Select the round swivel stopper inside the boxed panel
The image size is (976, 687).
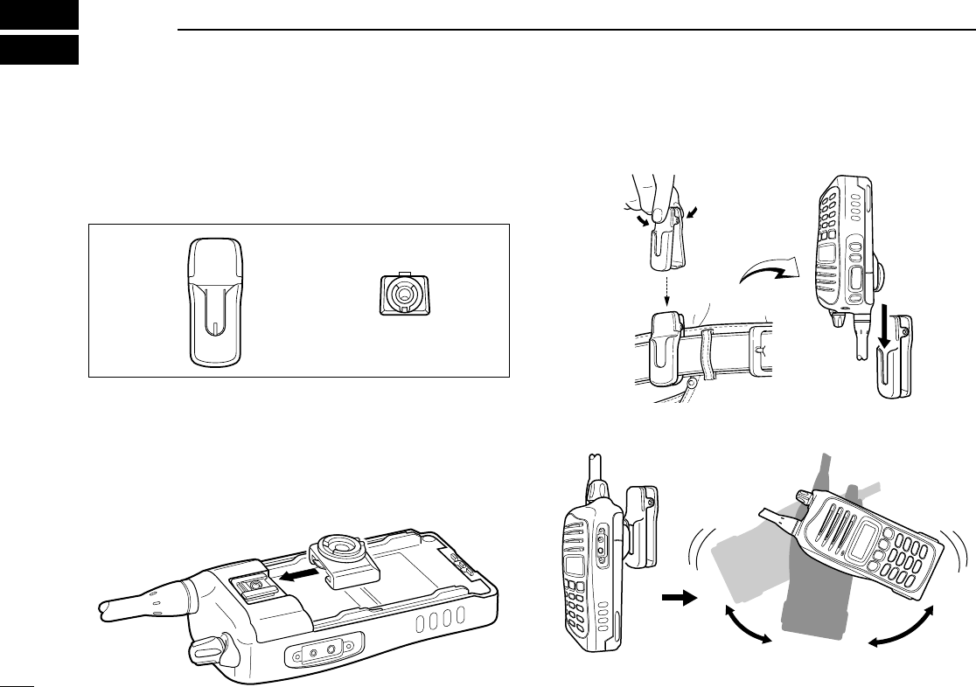pos(401,295)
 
